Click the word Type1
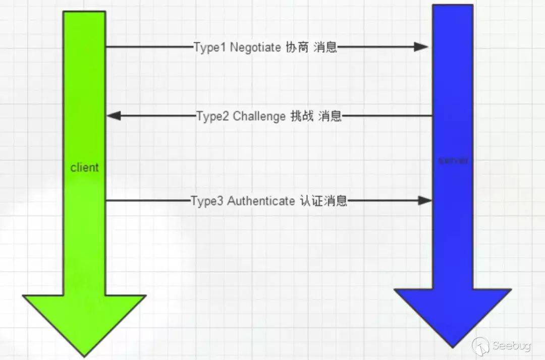[x=210, y=47]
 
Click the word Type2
[x=213, y=116]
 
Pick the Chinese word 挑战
[x=302, y=116]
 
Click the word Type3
[x=207, y=201]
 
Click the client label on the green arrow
[x=84, y=167]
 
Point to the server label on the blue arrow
[x=453, y=161]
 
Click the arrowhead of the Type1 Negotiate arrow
[x=421, y=47]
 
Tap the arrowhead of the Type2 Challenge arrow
[x=114, y=116]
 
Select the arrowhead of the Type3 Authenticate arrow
[x=425, y=200]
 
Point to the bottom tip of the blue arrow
[x=453, y=346]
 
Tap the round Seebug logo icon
[x=481, y=346]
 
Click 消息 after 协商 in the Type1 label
[x=325, y=47]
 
